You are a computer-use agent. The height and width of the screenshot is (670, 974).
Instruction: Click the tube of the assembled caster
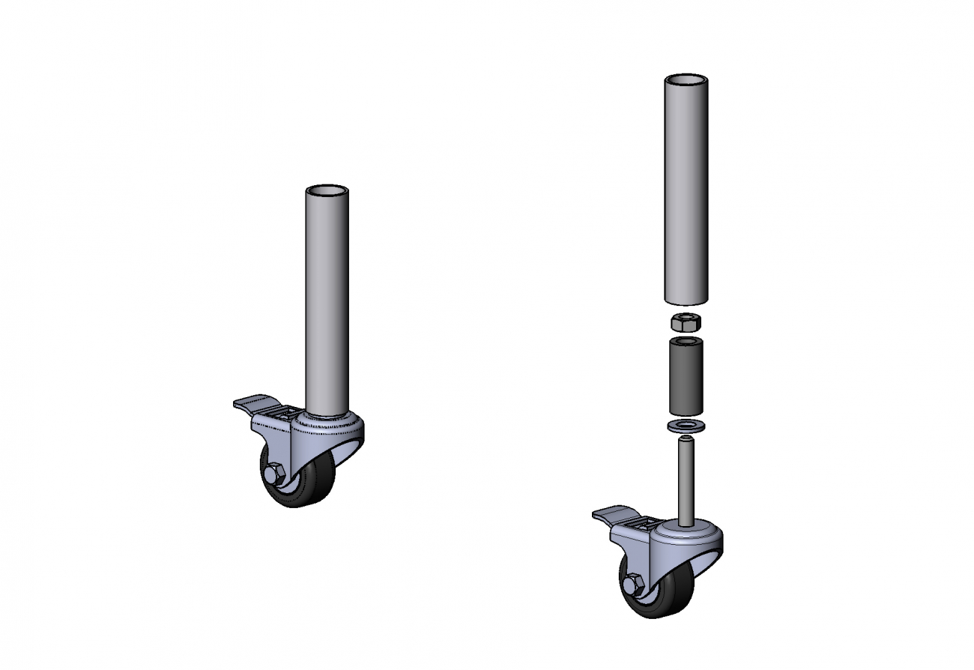coord(327,300)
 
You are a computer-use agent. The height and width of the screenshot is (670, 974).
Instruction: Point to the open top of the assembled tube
coord(327,190)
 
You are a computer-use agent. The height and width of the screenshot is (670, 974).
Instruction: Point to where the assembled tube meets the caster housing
coord(327,414)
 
